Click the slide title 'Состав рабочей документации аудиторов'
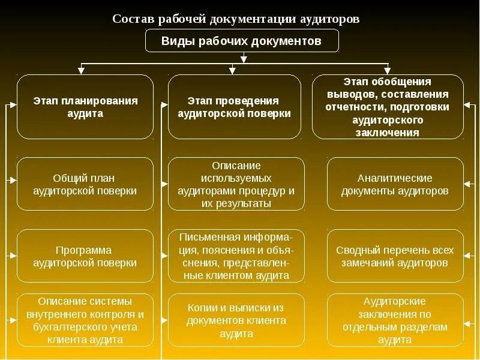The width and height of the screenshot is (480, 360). [x=236, y=18]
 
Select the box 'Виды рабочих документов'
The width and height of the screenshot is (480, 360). [x=242, y=41]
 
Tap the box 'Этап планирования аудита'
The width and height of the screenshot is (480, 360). [x=85, y=107]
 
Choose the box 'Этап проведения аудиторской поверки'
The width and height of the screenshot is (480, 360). [x=235, y=107]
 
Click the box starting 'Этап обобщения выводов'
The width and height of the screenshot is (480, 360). [x=387, y=107]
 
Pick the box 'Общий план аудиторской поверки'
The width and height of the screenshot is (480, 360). [x=85, y=184]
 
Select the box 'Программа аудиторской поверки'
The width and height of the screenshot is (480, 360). [x=85, y=256]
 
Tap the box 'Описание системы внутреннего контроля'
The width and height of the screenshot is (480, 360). [x=85, y=320]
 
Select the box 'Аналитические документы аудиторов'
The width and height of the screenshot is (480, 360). [x=395, y=184]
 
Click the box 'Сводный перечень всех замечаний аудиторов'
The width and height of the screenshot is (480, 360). [x=395, y=256]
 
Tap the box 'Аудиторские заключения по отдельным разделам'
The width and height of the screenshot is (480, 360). [x=395, y=320]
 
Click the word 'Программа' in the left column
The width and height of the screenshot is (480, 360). [x=83, y=250]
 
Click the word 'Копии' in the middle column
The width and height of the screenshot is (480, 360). [x=200, y=307]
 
